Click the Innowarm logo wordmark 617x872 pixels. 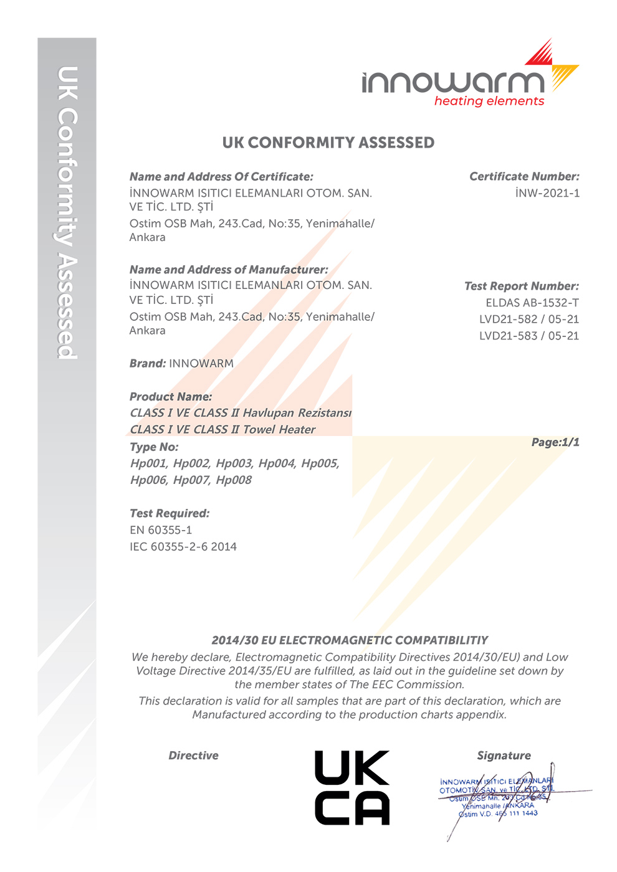tap(453, 82)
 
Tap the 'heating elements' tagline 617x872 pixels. tap(489, 101)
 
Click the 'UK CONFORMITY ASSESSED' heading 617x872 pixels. tap(328, 143)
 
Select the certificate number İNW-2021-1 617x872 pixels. tap(547, 193)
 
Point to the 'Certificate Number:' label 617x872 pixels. tap(524, 177)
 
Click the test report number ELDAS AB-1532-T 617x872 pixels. tap(532, 303)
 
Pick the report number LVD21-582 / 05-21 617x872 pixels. tap(529, 320)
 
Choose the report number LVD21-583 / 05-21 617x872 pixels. tap(529, 336)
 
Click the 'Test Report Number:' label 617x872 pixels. tap(522, 287)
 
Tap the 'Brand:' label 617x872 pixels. tap(148, 364)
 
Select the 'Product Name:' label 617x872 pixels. tap(171, 397)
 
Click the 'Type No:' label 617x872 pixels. tap(154, 447)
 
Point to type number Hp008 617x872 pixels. tap(234, 480)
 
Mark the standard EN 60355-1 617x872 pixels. tap(161, 530)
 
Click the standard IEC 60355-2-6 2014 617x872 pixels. tap(183, 547)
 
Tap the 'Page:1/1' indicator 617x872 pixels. tap(555, 442)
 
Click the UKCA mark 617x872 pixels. tap(352, 788)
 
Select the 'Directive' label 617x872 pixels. tap(193, 756)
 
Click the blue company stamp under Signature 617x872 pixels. tap(496, 797)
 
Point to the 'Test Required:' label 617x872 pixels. tap(170, 514)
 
